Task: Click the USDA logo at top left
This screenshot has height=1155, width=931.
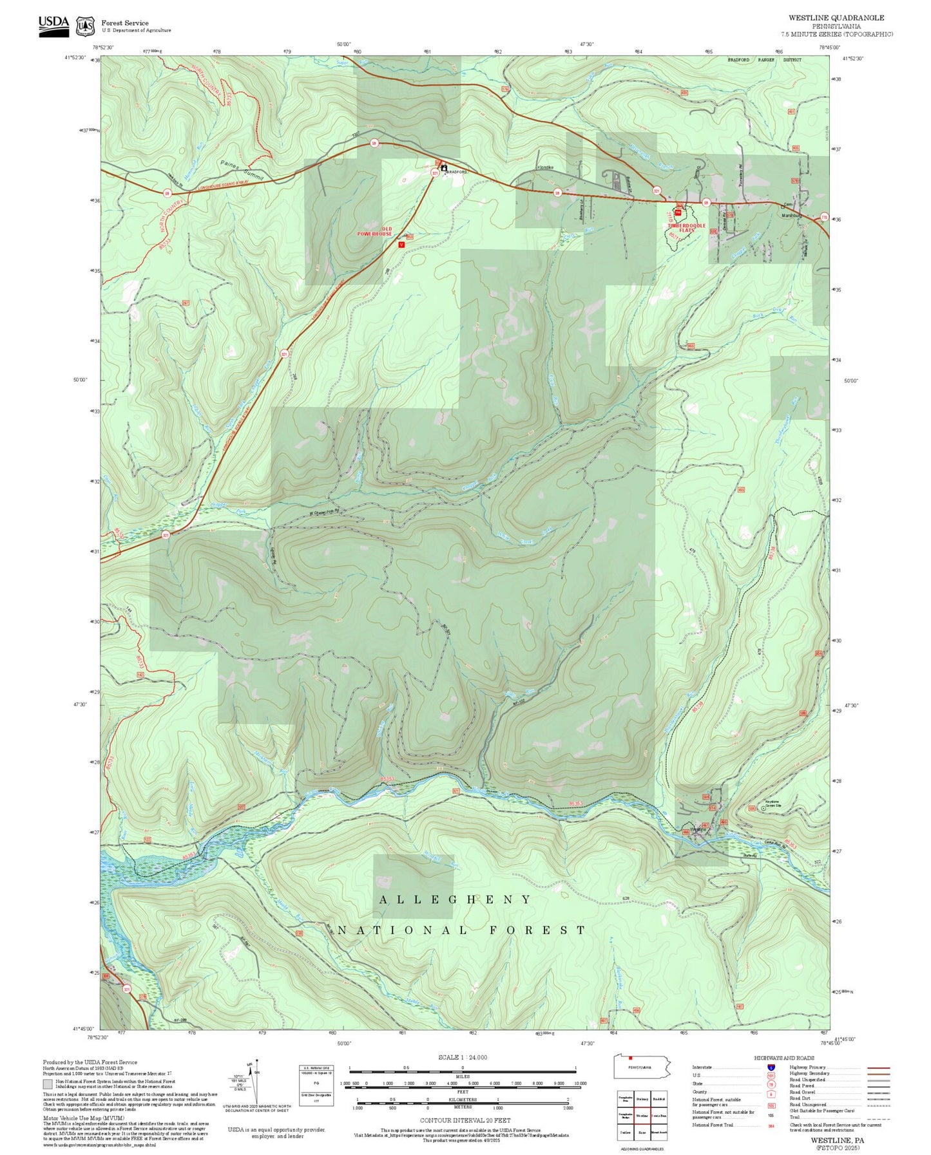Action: (x=53, y=25)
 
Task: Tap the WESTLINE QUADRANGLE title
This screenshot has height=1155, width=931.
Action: (x=836, y=18)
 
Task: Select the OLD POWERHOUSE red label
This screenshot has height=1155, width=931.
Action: (x=375, y=231)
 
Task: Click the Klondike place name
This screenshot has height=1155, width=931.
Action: (x=545, y=167)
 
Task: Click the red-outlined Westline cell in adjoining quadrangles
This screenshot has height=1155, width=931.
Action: (x=642, y=1116)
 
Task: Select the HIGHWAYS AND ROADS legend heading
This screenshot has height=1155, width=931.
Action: (x=783, y=1058)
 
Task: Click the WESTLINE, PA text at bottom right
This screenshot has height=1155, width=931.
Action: (x=837, y=1140)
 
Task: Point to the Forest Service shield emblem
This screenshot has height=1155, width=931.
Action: (x=85, y=26)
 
